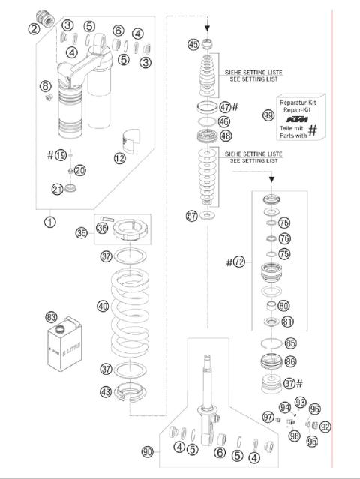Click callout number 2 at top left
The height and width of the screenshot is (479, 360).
(x=34, y=29)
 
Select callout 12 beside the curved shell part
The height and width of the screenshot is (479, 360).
(x=120, y=159)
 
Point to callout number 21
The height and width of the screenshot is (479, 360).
(x=56, y=190)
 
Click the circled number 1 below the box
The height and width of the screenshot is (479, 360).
(x=49, y=222)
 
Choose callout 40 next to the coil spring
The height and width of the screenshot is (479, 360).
(x=103, y=306)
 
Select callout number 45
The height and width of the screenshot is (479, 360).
(x=193, y=44)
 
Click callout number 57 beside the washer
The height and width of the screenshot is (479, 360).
(x=193, y=216)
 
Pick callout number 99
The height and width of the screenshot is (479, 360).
(x=268, y=115)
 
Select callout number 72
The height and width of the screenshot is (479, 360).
(x=239, y=262)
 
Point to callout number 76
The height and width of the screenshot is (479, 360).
(x=283, y=238)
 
